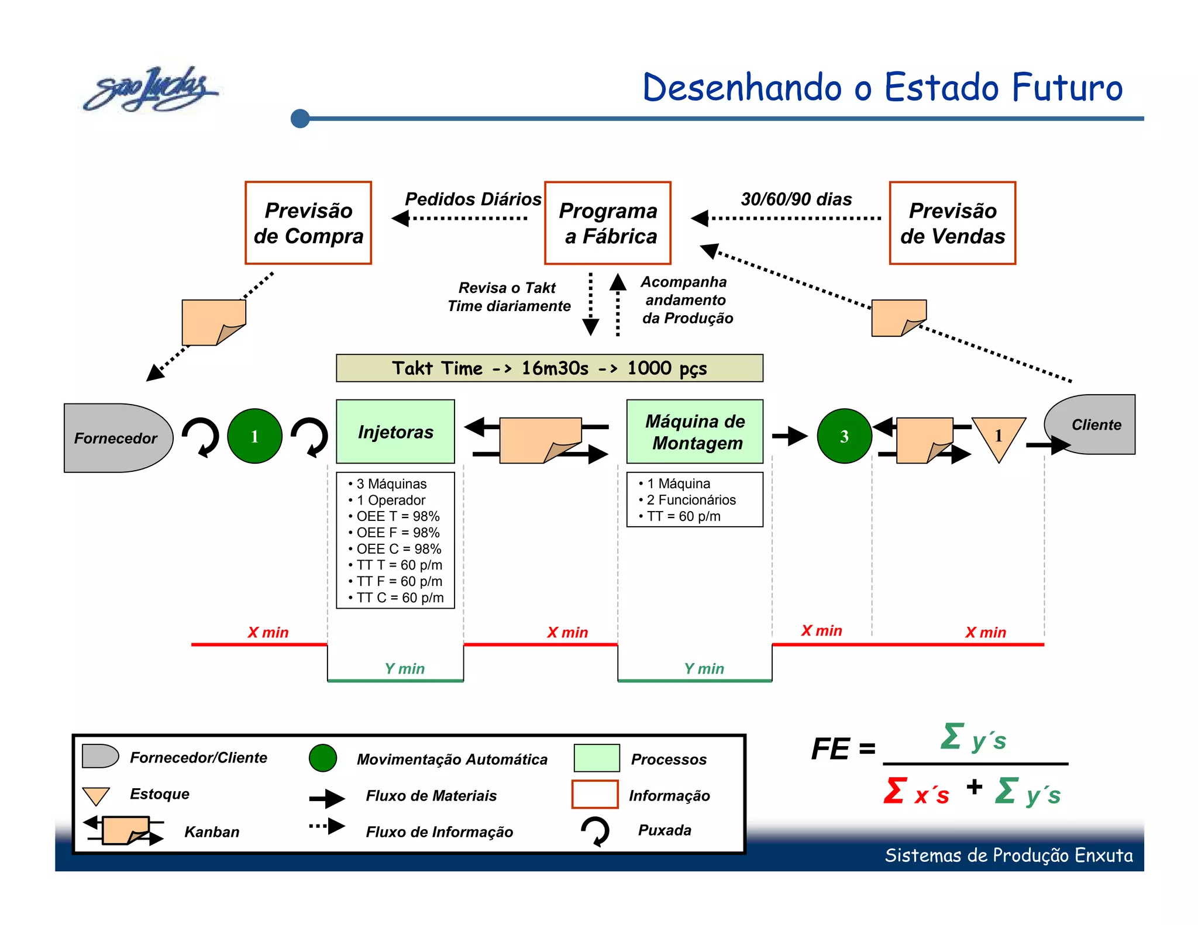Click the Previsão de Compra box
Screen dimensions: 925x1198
(308, 223)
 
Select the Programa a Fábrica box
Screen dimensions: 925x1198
(607, 223)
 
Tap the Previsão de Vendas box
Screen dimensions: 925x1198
(952, 223)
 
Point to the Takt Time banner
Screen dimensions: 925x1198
(549, 368)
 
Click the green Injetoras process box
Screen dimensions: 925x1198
(395, 432)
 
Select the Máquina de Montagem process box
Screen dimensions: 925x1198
(694, 432)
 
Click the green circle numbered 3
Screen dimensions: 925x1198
(844, 436)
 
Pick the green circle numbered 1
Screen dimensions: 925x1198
(254, 436)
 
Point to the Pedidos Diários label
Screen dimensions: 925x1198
(473, 199)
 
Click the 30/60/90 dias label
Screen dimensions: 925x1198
(796, 199)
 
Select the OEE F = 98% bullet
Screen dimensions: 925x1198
(397, 533)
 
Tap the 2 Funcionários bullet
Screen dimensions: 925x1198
(690, 500)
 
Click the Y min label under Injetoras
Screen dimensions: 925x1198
(404, 668)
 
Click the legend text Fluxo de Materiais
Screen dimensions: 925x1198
(431, 796)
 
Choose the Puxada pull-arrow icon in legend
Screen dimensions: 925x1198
(595, 831)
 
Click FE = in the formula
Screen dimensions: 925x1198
(843, 749)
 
